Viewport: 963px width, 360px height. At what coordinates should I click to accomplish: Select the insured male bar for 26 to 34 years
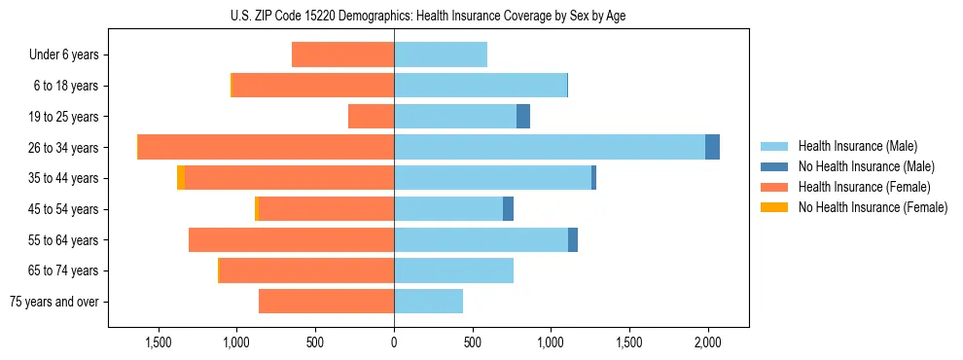550,147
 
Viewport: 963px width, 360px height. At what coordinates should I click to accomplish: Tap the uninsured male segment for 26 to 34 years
712,147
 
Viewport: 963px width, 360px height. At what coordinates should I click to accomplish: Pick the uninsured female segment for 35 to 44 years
181,178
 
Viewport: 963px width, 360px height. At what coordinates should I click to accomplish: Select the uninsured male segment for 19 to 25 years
523,117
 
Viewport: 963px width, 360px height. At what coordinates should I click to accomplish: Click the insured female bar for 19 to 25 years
371,117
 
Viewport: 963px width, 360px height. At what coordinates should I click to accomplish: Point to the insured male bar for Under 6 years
441,54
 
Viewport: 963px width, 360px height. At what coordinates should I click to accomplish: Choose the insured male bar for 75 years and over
428,302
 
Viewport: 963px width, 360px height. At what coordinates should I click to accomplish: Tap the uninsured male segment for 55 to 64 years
573,239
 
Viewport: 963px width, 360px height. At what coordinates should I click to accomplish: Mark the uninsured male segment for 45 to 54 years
508,209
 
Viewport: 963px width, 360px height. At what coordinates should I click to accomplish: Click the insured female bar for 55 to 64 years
291,239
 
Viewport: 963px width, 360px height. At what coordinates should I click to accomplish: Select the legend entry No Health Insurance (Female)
872,207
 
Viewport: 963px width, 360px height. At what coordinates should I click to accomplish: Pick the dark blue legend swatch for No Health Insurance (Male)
774,166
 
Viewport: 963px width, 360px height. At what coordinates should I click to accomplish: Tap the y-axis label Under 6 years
64,54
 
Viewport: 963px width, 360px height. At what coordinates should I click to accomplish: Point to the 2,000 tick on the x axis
707,342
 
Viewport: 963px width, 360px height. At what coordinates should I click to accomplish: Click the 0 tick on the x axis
394,342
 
